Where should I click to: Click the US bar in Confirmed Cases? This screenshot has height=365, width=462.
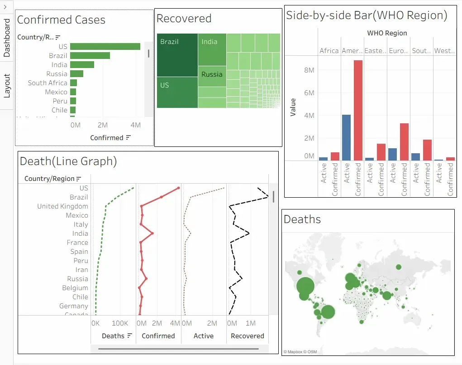click(105, 46)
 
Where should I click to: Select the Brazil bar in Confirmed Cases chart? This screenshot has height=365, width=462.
click(90, 55)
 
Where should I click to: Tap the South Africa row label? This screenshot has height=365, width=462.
click(48, 83)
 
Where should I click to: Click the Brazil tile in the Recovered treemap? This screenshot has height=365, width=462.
click(177, 55)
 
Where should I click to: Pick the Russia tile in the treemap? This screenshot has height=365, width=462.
click(212, 75)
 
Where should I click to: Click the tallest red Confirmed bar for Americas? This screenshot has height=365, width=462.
click(358, 110)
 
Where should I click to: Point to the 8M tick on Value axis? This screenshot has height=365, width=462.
click(309, 70)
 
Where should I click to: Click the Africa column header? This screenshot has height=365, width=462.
click(329, 51)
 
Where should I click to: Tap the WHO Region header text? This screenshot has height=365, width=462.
click(387, 33)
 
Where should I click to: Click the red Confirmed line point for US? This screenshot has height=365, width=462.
click(179, 188)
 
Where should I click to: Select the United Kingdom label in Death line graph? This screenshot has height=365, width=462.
click(62, 206)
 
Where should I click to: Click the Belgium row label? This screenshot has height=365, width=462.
click(75, 288)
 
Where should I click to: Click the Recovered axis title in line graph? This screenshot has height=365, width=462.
click(247, 336)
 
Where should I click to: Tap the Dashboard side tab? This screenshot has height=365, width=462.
click(7, 38)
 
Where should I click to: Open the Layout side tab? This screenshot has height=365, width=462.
click(7, 86)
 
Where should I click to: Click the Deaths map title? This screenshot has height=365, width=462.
click(302, 219)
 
